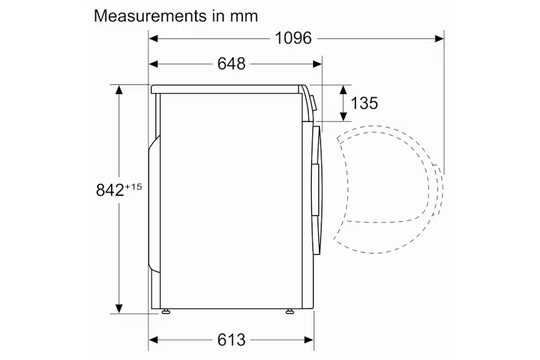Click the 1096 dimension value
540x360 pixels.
pyautogui.click(x=293, y=38)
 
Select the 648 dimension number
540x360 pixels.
pyautogui.click(x=231, y=64)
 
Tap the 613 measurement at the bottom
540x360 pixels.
pyautogui.click(x=231, y=340)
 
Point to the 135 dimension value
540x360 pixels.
pyautogui.click(x=364, y=103)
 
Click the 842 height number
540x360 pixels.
pyautogui.click(x=110, y=190)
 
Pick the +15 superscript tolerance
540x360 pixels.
pyautogui.click(x=134, y=187)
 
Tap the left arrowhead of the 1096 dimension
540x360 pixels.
pyautogui.click(x=153, y=38)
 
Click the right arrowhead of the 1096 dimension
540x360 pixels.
pyautogui.click(x=439, y=38)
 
